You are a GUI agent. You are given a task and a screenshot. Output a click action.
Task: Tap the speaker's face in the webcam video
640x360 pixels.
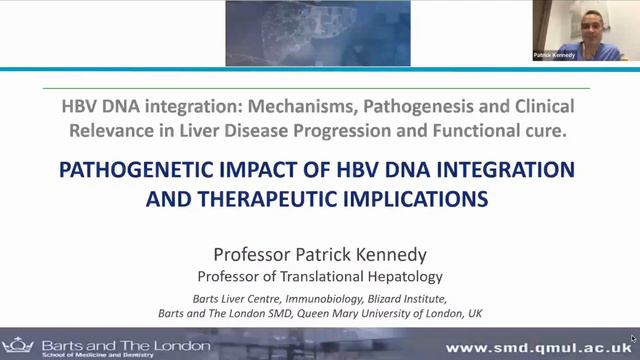(x=583, y=25)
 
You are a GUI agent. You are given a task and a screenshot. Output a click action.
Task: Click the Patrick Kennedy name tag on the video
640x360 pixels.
(x=553, y=56)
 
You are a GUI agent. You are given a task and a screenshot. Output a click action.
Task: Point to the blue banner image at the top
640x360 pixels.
(x=317, y=33)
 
